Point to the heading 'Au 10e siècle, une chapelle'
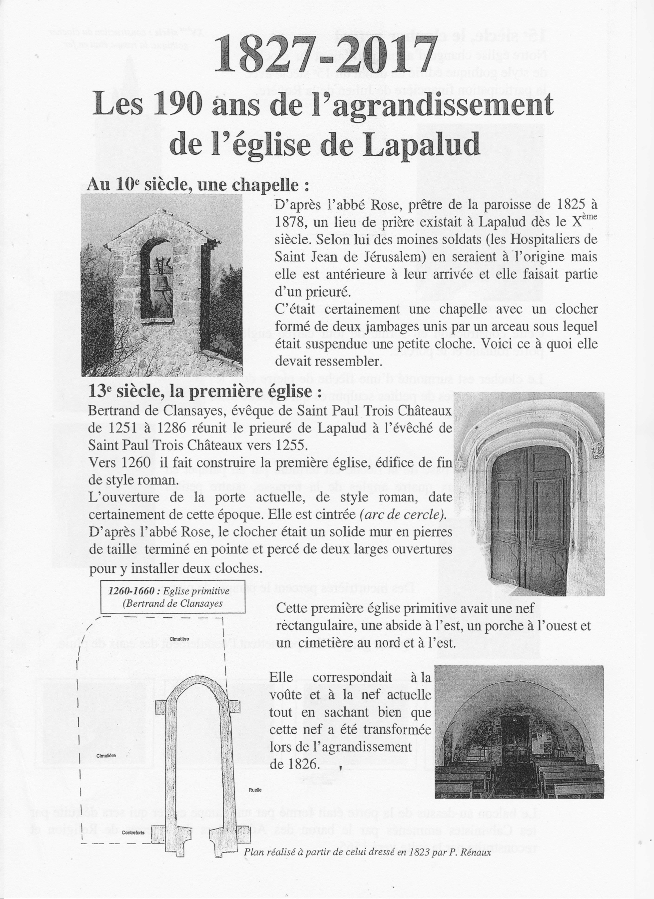[x=197, y=184]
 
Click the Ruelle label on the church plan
[x=255, y=804]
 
